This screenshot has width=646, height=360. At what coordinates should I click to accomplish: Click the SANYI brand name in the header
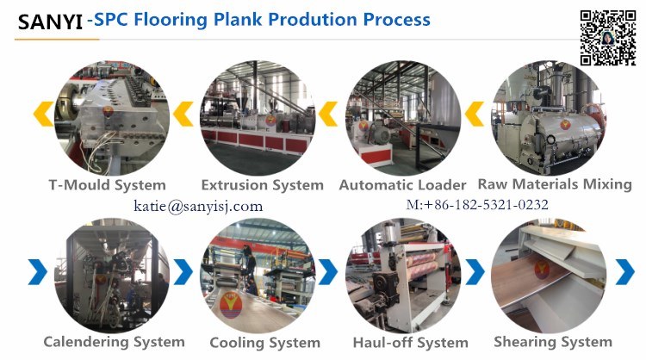[x=50, y=22]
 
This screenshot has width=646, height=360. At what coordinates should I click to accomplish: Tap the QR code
[x=608, y=38]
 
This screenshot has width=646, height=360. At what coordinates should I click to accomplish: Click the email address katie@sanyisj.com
[x=198, y=206]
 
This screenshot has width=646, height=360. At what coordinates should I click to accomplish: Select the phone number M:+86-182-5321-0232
[x=477, y=204]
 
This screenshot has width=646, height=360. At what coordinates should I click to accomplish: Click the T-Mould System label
[x=108, y=185]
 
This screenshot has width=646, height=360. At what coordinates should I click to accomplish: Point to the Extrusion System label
[x=263, y=185]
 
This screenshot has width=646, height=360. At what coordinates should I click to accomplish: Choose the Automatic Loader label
[x=402, y=185]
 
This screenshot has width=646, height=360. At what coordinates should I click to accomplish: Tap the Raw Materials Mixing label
[x=555, y=184]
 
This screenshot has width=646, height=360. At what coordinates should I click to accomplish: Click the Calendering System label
[x=114, y=342]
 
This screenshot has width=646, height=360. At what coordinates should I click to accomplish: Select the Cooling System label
[x=265, y=342]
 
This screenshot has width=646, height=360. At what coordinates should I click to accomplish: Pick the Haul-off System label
[x=411, y=342]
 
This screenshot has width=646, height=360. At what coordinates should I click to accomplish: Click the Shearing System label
[x=553, y=342]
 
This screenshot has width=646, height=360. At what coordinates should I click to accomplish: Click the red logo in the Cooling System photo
[x=232, y=305]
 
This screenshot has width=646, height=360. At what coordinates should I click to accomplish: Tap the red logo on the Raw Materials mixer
[x=566, y=123]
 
